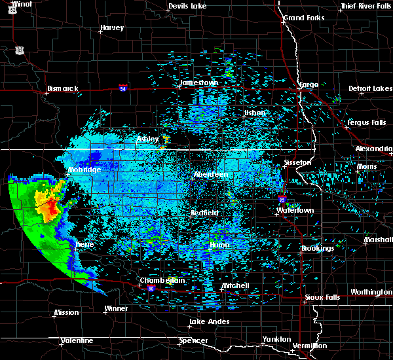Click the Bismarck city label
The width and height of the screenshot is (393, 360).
(63, 88)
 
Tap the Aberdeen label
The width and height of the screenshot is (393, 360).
(211, 175)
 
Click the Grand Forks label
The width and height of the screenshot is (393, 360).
(303, 17)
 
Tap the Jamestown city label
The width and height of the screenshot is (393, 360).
(198, 83)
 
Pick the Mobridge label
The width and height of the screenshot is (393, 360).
(84, 170)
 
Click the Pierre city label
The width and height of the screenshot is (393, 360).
(84, 244)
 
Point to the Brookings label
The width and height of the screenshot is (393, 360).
(318, 249)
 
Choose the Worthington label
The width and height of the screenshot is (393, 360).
(371, 292)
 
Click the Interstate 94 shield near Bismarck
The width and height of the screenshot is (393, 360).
(123, 87)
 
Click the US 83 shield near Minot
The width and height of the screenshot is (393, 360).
(21, 50)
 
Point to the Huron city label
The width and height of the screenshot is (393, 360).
(219, 245)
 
